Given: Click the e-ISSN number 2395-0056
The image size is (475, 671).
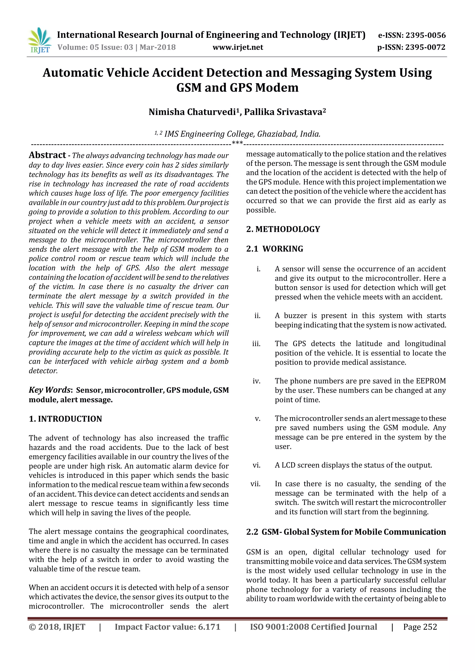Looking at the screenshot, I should pyautogui.click(x=426, y=35).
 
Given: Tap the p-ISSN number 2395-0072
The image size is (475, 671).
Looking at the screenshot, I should pyautogui.click(x=426, y=47).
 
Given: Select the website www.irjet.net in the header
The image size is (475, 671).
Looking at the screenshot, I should pyautogui.click(x=237, y=47).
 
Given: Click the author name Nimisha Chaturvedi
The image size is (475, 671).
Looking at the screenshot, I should pyautogui.click(x=192, y=112).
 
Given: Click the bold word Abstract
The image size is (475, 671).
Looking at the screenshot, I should pyautogui.click(x=47, y=155).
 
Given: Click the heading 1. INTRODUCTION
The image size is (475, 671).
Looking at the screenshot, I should pyautogui.click(x=65, y=419).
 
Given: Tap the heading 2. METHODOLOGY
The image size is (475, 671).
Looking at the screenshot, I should pyautogui.click(x=283, y=229).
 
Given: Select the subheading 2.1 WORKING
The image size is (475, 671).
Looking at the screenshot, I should pyautogui.click(x=275, y=249).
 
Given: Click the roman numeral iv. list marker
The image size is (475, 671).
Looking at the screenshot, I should pyautogui.click(x=257, y=381).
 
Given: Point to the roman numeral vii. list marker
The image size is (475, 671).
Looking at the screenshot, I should pyautogui.click(x=255, y=484).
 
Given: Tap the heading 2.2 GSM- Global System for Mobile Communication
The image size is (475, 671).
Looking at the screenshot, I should pyautogui.click(x=346, y=532).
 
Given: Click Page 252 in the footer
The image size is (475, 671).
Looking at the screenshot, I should pyautogui.click(x=420, y=627).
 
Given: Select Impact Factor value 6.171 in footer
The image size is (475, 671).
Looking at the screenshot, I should pyautogui.click(x=167, y=627).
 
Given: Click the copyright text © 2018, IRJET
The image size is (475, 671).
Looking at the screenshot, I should pyautogui.click(x=57, y=627).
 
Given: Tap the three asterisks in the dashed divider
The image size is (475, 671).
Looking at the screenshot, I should pyautogui.click(x=237, y=143).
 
